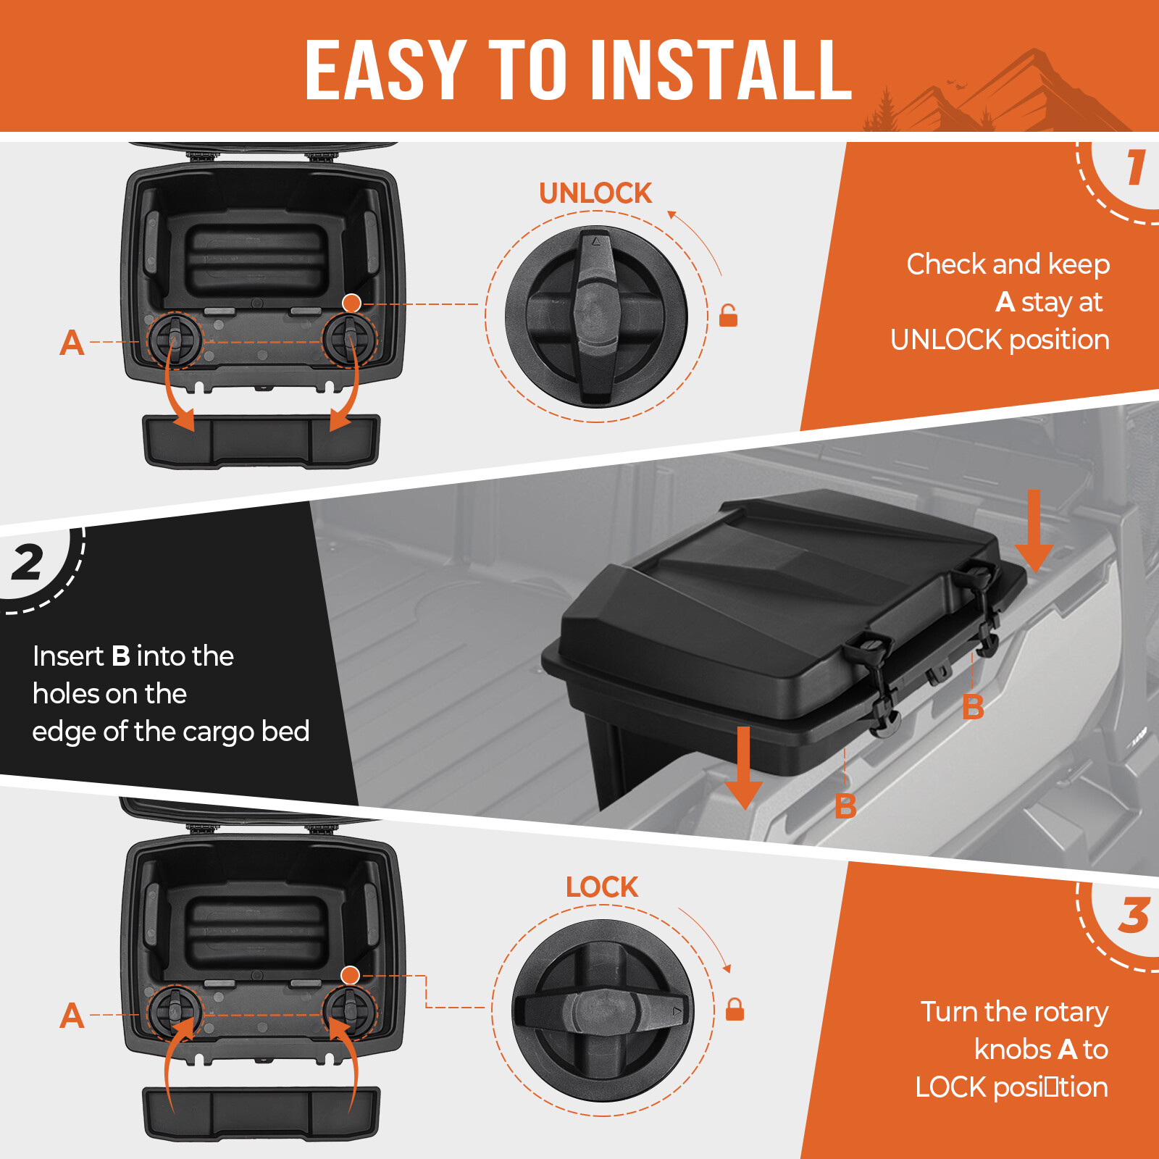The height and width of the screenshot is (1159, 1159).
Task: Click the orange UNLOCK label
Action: (595, 193)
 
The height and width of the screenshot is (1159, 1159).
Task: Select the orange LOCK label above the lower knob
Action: (602, 887)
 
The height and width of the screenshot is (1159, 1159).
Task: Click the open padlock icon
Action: (728, 316)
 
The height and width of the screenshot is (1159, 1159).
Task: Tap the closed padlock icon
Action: (735, 1009)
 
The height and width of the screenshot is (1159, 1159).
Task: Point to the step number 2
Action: (28, 563)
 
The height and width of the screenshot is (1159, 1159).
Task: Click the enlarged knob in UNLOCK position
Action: (595, 316)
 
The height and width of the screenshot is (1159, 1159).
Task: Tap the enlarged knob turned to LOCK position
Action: (603, 1010)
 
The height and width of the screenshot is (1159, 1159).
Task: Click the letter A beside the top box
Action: (72, 343)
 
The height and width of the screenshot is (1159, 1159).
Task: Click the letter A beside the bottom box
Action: (72, 1016)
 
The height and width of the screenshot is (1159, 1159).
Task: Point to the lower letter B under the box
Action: (845, 806)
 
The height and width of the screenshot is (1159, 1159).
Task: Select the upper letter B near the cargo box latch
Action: (973, 707)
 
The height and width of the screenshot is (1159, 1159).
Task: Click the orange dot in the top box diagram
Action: (351, 303)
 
